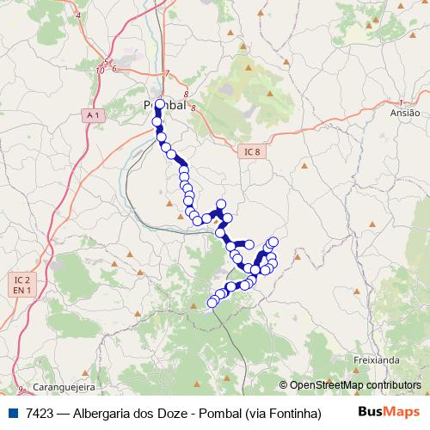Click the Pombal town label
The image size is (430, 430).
tap(164, 106)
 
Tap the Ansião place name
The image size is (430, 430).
tap(404, 113)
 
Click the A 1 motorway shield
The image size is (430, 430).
tap(94, 114)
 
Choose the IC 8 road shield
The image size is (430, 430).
tap(250, 151)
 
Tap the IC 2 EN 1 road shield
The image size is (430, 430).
tap(22, 286)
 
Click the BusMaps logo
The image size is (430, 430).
tap(390, 413)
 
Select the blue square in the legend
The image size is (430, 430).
tap(12, 414)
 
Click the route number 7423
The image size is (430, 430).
tap(40, 414)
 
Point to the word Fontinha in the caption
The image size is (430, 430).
tap(292, 414)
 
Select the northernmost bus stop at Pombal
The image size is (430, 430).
tap(159, 105)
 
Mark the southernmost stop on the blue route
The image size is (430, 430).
tap(212, 303)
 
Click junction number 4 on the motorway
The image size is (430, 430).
tap(78, 15)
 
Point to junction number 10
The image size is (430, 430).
tap(101, 70)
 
